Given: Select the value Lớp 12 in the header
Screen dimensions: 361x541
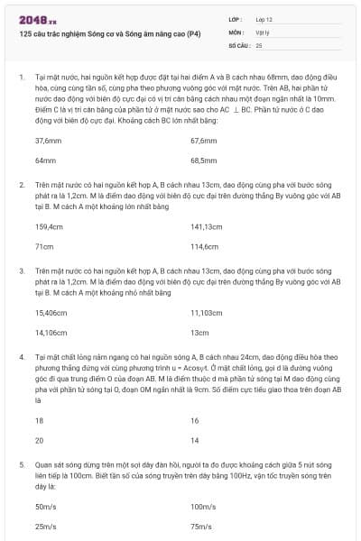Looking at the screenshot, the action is (x=264, y=18).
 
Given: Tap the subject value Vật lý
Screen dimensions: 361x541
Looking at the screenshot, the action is (x=263, y=31).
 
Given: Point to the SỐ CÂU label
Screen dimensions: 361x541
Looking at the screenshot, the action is (x=238, y=43).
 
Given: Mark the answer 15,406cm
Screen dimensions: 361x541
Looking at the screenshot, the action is (x=51, y=312).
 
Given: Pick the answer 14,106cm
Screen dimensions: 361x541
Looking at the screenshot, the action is (x=51, y=331).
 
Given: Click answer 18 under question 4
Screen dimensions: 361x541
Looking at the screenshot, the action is (x=39, y=421).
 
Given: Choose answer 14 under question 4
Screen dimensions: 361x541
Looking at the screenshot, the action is (x=195, y=439).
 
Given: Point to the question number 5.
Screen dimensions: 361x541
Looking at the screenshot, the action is (x=21, y=463).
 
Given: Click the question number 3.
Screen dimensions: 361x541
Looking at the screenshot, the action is (x=21, y=270).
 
